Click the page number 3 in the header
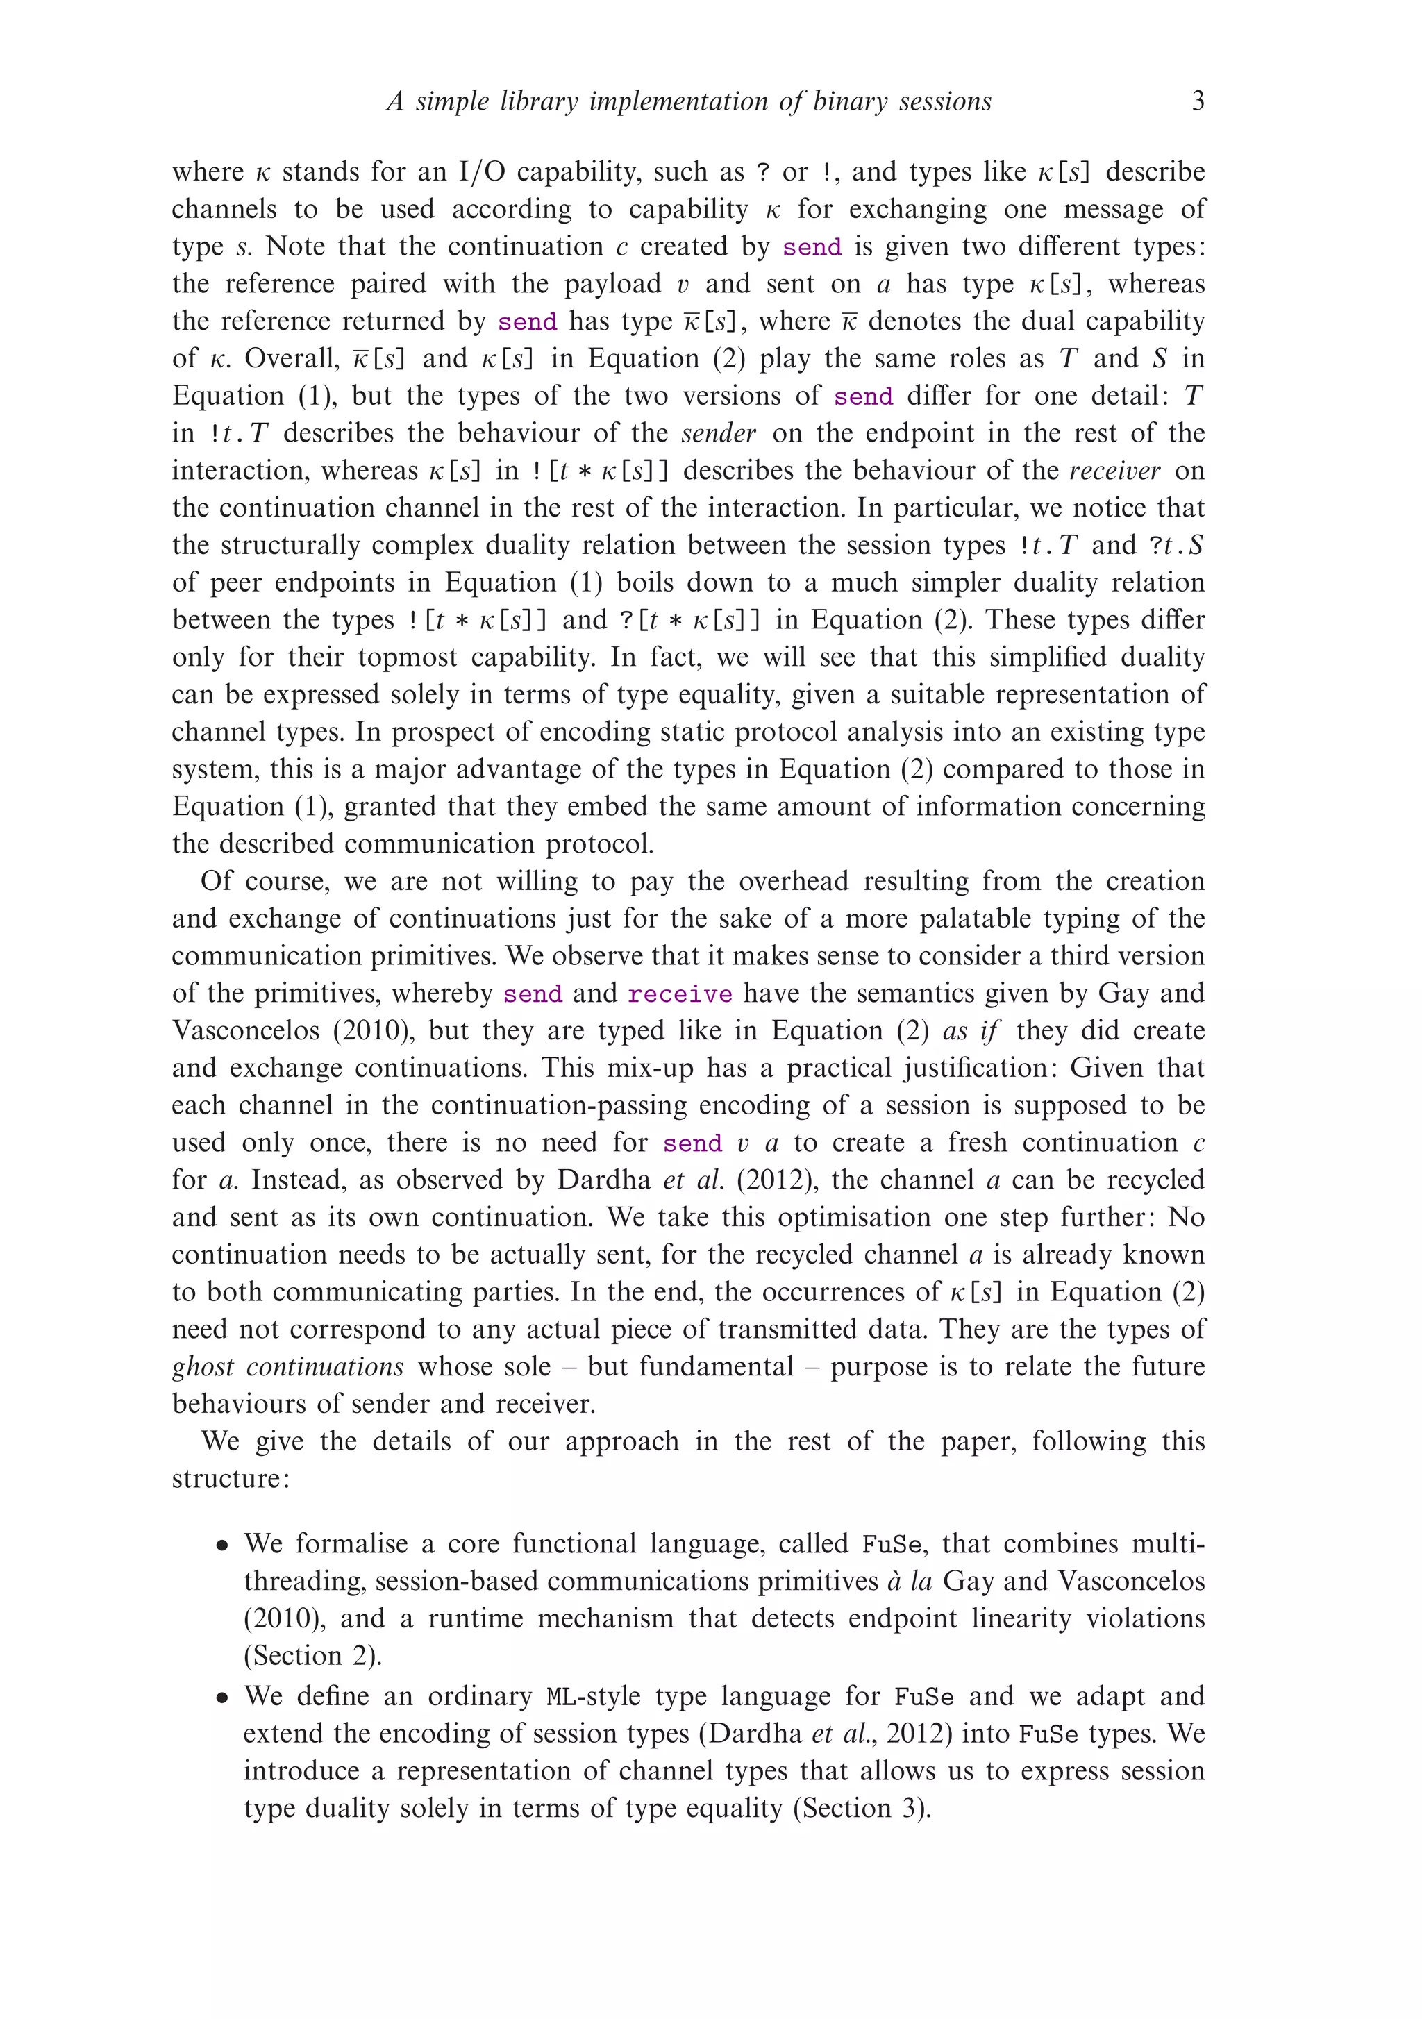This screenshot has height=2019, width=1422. [1198, 102]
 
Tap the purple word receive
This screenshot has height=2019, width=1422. [679, 994]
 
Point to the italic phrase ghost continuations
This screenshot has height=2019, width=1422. [287, 1366]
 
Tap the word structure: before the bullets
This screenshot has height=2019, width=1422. [230, 1479]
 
